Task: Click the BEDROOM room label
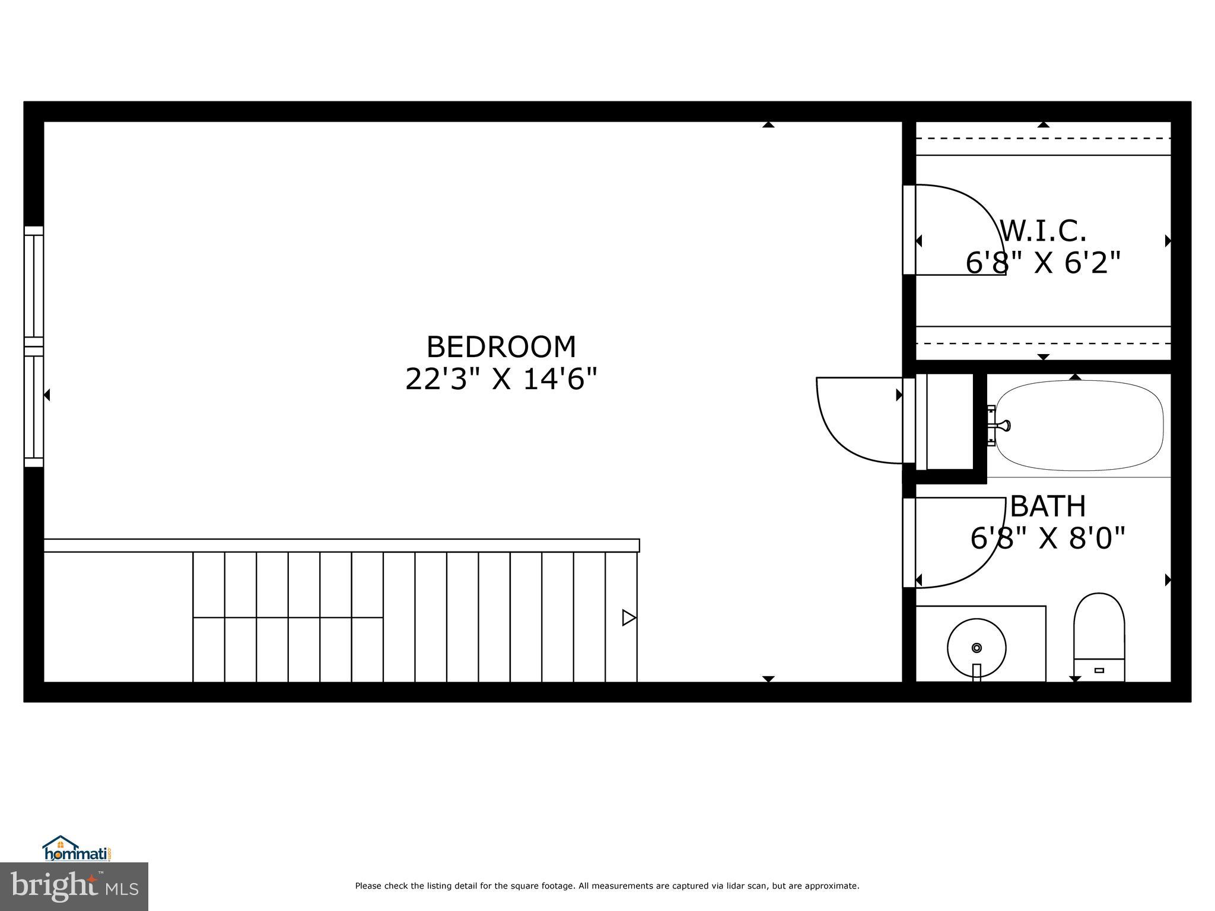[501, 347]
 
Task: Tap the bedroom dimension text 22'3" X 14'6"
[501, 379]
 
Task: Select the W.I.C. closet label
[1043, 231]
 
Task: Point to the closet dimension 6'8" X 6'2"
[1043, 263]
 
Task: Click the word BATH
[1048, 507]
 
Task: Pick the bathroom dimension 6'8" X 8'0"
[1048, 539]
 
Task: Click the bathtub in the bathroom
[1079, 426]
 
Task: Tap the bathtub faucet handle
[1003, 425]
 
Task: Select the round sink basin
[977, 648]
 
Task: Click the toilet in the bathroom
[1099, 629]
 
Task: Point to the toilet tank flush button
[1099, 671]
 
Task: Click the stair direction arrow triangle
[628, 618]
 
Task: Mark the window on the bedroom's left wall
[34, 346]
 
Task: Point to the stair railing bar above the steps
[341, 546]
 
